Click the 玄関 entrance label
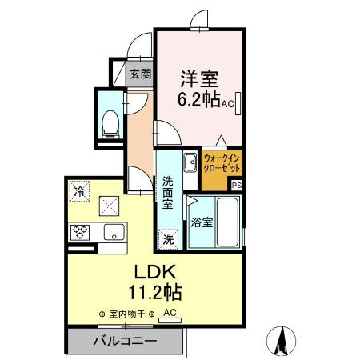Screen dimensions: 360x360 tap(140, 74)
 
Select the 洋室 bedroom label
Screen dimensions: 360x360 tap(200, 79)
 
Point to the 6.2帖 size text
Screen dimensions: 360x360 tap(198, 102)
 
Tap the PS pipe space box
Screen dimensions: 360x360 tap(236, 185)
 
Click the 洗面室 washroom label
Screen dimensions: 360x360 tap(168, 192)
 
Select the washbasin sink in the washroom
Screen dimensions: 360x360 tap(190, 166)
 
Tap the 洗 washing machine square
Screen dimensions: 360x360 tap(168, 238)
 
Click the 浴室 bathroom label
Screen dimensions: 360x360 tap(202, 223)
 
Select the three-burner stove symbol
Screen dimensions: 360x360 tap(81, 233)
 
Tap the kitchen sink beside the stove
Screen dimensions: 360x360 tap(113, 233)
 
